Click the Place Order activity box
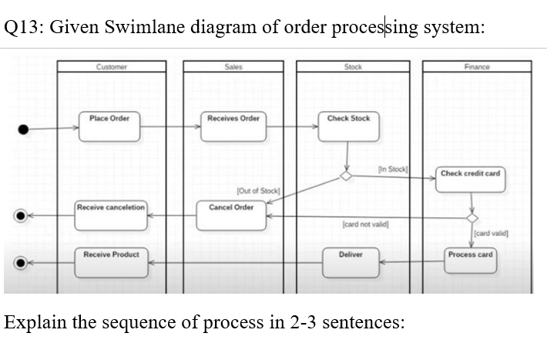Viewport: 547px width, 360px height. [x=109, y=126]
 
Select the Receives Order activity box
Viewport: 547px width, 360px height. [x=233, y=126]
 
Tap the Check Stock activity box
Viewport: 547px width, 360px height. [x=348, y=126]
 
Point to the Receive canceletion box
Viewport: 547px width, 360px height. [x=111, y=215]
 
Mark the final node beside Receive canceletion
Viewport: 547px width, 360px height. [x=27, y=216]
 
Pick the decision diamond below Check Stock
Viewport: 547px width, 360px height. [x=348, y=177]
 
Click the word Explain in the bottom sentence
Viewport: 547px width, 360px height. [x=35, y=321]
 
